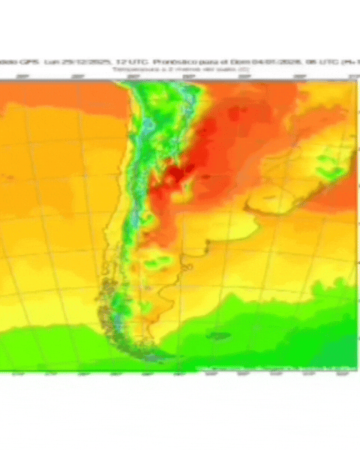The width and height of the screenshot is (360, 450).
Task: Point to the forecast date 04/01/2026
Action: pyautogui.click(x=246, y=60)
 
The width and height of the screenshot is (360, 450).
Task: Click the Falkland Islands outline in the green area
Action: pyautogui.click(x=218, y=335)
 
